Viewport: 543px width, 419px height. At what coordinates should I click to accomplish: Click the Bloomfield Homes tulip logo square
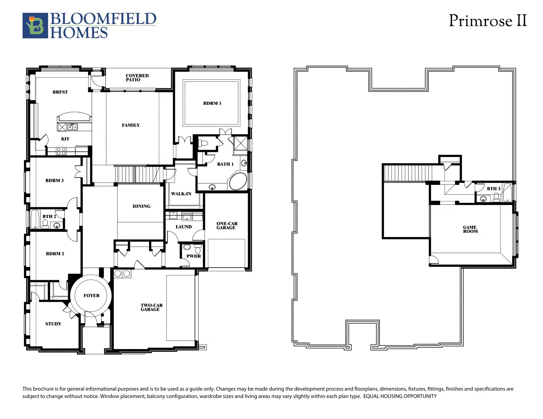click(x=35, y=26)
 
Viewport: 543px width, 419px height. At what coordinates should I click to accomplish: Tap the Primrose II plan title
click(x=488, y=21)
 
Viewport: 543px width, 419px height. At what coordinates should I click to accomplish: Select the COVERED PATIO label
click(x=137, y=78)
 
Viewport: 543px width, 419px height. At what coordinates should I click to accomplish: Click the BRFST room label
click(x=60, y=92)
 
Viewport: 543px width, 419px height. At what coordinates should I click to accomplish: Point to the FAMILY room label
click(x=131, y=125)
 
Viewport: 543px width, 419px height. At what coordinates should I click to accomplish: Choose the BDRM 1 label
click(x=212, y=103)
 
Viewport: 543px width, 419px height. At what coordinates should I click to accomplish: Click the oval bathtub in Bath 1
click(x=238, y=181)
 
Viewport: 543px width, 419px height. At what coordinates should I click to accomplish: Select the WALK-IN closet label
click(x=181, y=194)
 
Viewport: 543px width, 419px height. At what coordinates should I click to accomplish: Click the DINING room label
click(x=141, y=206)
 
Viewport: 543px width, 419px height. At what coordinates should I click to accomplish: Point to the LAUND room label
click(x=184, y=227)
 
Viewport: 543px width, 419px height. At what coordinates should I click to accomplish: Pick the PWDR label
click(x=194, y=256)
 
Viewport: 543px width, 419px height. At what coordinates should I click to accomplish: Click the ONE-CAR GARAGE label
click(x=227, y=226)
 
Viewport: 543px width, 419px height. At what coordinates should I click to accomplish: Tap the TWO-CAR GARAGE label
click(x=152, y=308)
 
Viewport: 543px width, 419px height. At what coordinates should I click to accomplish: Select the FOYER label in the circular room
click(x=92, y=296)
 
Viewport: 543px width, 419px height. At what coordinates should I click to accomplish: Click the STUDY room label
click(x=53, y=324)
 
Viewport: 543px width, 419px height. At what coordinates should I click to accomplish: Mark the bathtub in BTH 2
click(x=35, y=219)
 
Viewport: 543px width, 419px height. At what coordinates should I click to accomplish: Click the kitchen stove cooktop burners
click(x=61, y=151)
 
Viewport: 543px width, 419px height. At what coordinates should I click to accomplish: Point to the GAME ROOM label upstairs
click(x=470, y=229)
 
